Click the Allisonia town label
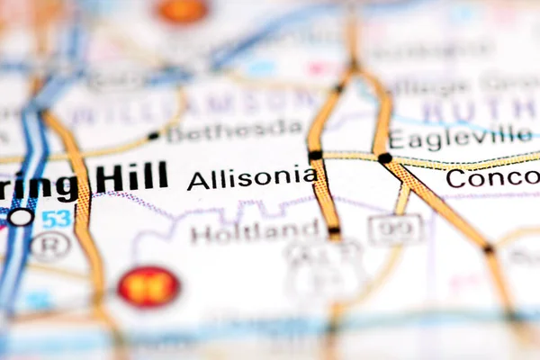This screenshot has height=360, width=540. click(251, 177)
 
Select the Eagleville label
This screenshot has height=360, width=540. click(461, 138)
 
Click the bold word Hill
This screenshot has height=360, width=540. click(131, 176)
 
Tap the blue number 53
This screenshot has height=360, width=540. click(56, 218)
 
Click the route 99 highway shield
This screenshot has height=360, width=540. click(394, 229)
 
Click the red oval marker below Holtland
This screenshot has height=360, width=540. click(148, 286)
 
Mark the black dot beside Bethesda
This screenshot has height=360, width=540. click(153, 136)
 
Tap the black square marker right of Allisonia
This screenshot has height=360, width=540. click(315, 156)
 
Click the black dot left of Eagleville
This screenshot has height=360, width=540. click(385, 157)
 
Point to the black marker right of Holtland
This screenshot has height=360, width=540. click(335, 230)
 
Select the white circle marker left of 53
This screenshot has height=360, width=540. click(21, 217)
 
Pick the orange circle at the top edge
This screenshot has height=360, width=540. click(183, 10)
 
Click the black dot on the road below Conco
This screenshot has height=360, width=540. click(488, 247)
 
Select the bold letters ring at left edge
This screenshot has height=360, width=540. click(40, 186)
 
